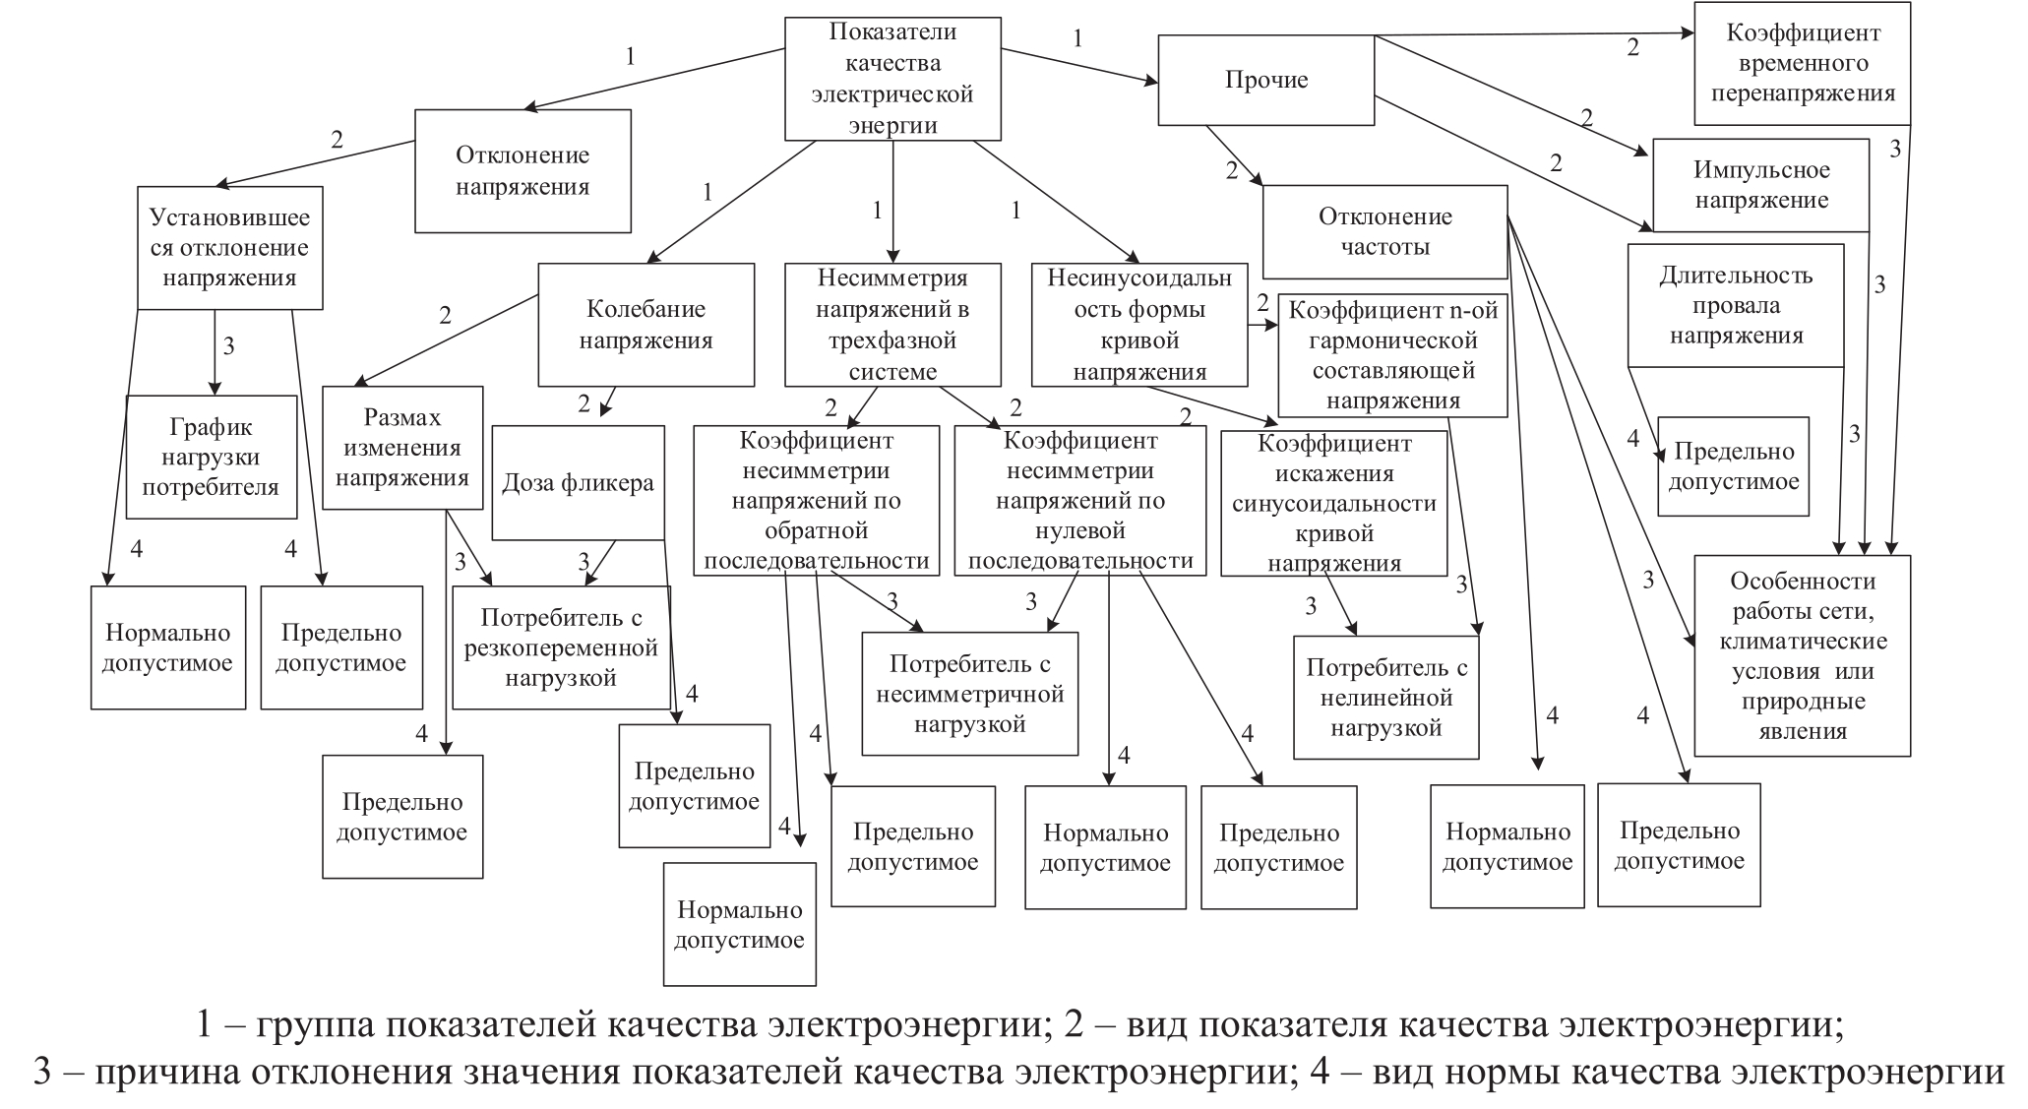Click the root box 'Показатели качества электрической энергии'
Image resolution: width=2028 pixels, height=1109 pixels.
click(x=892, y=79)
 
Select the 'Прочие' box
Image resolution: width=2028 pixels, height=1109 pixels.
click(x=1265, y=80)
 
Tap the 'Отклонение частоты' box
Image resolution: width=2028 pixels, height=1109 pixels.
click(x=1384, y=231)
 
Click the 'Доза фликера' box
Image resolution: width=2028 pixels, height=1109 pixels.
click(x=578, y=482)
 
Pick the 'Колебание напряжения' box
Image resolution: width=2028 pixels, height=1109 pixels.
click(x=645, y=324)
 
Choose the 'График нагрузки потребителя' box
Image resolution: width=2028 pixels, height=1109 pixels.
click(x=212, y=457)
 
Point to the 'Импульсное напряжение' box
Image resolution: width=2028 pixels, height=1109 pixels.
click(x=1760, y=185)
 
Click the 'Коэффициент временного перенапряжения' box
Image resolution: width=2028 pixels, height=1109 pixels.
click(x=1803, y=63)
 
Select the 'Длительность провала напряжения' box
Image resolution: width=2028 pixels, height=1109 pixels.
click(x=1736, y=305)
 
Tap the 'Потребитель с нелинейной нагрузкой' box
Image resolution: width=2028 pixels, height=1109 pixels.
click(x=1385, y=697)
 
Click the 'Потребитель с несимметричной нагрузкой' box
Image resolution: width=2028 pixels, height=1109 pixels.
click(x=969, y=694)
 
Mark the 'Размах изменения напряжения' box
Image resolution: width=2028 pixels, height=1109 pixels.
click(x=402, y=448)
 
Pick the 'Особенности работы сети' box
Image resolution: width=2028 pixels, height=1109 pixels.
click(x=1802, y=655)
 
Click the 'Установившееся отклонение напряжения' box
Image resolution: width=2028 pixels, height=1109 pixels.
click(x=229, y=247)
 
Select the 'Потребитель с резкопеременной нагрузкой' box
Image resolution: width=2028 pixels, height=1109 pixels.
click(x=561, y=647)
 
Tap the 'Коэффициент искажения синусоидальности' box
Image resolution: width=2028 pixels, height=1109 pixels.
click(x=1333, y=503)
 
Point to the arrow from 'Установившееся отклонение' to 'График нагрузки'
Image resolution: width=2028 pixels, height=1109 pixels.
click(x=215, y=352)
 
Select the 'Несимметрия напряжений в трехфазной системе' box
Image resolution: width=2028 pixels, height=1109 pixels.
click(x=892, y=324)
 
